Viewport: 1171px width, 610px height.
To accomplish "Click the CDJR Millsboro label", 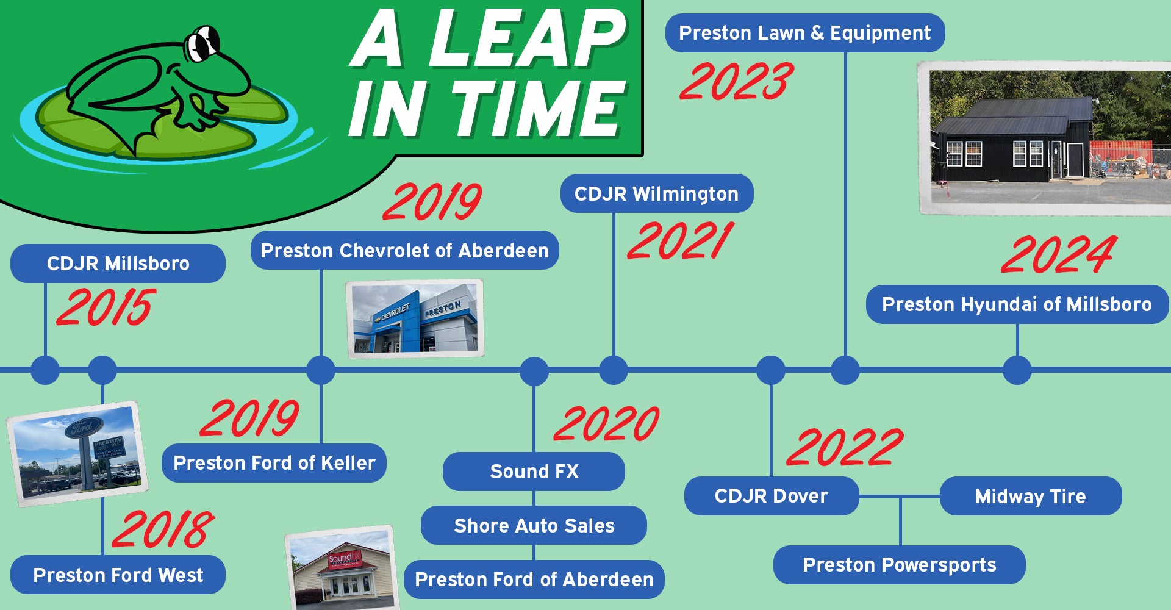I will [118, 264].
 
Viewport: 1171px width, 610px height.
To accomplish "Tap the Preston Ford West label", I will [118, 575].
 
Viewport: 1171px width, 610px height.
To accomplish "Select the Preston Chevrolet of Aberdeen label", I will [404, 250].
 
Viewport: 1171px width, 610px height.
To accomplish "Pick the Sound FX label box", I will [534, 471].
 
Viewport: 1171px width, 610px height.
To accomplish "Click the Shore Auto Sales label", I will [534, 525].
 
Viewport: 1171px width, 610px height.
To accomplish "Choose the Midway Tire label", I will [1030, 496].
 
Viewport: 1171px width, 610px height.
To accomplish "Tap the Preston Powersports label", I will [899, 565].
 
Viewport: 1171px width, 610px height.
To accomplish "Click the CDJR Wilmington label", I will [656, 194].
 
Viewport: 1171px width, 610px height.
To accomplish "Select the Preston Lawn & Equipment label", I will [804, 33].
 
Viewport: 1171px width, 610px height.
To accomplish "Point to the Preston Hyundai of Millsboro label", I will [1017, 304].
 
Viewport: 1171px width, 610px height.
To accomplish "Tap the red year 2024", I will [1058, 255].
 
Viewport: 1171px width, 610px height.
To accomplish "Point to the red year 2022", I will [845, 447].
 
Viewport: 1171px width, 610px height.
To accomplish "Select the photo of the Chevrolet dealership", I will [415, 318].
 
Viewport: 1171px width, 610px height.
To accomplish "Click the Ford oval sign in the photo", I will [83, 427].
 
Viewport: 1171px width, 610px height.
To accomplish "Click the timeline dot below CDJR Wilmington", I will [614, 370].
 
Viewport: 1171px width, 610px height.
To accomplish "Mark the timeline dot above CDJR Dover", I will [771, 370].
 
